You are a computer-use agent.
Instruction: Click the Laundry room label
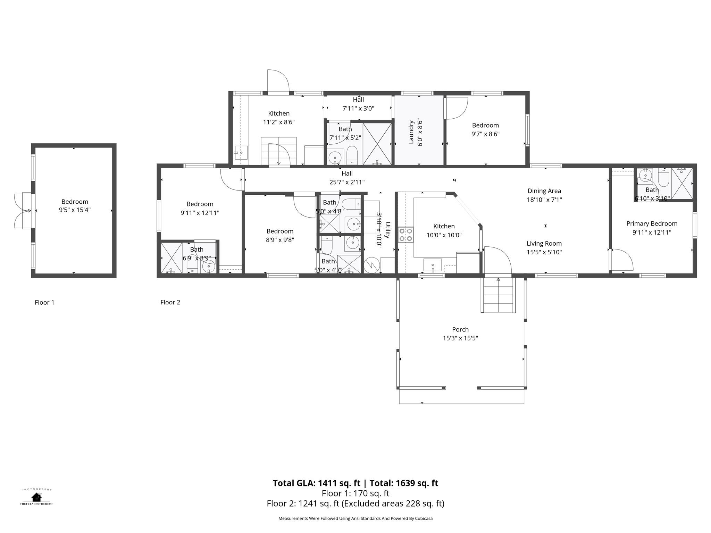411,132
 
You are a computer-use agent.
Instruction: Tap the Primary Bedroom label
652,223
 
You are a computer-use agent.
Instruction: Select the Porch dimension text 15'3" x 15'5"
460,338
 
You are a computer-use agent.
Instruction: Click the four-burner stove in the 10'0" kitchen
405,234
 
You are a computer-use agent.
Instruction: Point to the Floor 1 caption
44,303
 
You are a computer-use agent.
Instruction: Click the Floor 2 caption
170,302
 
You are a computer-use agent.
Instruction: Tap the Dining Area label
544,191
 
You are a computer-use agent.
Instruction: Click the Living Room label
544,244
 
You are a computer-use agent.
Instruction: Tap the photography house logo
36,497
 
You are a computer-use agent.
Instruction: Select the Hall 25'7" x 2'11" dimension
347,182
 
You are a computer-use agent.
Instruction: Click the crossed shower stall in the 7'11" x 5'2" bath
377,143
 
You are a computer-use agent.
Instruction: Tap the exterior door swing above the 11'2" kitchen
278,82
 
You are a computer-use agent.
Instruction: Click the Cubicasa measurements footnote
355,518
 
